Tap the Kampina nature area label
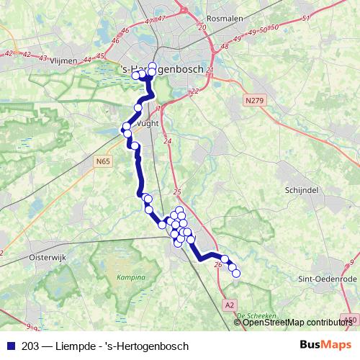pyautogui.click(x=130, y=277)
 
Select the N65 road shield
pyautogui.click(x=103, y=163)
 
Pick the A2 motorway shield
pyautogui.click(x=230, y=305)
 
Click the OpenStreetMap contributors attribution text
pyautogui.click(x=297, y=323)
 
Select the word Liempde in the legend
pyautogui.click(x=78, y=346)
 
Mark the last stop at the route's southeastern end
pyautogui.click(x=236, y=273)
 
